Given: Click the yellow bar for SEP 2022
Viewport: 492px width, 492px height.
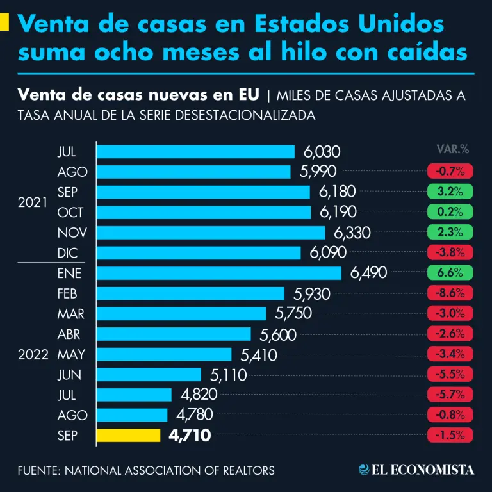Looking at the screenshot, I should click(128, 436).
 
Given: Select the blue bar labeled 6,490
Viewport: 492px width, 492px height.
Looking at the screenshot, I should click(218, 273).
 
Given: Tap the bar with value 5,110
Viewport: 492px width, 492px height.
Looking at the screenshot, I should click(149, 375).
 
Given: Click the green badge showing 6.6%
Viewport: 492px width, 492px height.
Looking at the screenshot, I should click(450, 273).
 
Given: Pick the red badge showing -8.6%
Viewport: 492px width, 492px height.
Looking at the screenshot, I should click(450, 293).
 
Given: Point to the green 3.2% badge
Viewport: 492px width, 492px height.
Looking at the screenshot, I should click(450, 192).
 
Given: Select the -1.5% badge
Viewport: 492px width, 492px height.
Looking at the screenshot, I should click(450, 436).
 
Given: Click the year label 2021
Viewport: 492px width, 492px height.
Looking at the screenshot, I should click(33, 202).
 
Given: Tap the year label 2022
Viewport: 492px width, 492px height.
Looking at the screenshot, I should click(33, 355).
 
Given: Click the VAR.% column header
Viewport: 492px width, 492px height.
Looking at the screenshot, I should click(452, 149).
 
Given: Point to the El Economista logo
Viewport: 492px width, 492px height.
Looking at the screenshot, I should click(416, 470).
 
